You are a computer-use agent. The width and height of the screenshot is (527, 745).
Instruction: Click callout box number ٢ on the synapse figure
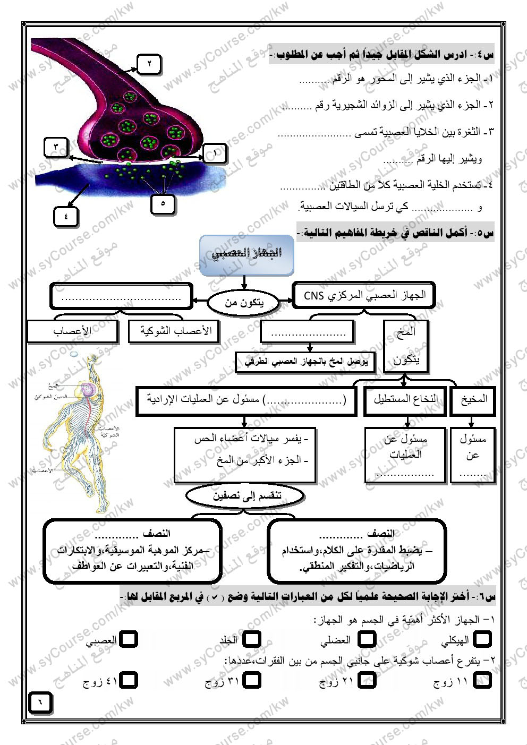tap(149, 64)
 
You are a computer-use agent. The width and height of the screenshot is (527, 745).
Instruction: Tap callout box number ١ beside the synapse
tap(215, 153)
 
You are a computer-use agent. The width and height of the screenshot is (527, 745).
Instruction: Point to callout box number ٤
tap(66, 216)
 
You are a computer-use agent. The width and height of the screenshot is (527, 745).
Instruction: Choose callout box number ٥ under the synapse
tap(163, 203)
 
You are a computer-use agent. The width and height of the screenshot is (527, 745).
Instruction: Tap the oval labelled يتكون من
tap(243, 303)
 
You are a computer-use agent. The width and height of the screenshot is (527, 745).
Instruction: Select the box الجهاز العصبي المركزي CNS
tap(364, 296)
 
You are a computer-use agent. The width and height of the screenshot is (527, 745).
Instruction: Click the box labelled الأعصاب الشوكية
tap(175, 331)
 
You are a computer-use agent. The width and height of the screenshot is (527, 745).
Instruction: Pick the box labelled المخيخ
tap(473, 400)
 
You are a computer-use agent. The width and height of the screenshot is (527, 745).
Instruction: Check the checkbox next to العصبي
tap(128, 639)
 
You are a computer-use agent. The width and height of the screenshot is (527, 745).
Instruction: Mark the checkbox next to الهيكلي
tap(482, 639)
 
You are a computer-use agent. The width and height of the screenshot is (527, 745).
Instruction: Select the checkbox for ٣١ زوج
tap(252, 680)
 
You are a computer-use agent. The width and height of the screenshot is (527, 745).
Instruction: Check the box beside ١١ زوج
tap(482, 680)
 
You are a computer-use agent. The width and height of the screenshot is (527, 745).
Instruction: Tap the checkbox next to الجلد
tap(252, 639)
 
